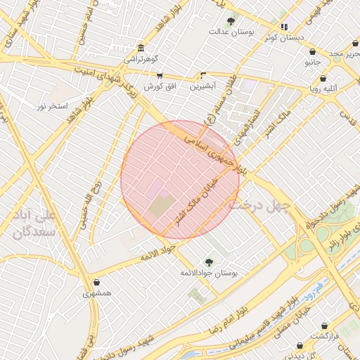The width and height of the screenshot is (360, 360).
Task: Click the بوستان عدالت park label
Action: (231, 32)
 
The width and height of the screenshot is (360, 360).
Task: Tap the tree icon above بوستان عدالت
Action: (232, 19)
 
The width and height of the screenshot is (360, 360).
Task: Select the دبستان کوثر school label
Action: (284, 37)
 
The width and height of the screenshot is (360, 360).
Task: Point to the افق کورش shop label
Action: (159, 86)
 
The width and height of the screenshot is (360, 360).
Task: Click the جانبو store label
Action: (312, 62)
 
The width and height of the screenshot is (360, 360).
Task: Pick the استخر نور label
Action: (52, 105)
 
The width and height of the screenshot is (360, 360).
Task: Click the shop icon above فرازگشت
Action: (324, 326)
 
